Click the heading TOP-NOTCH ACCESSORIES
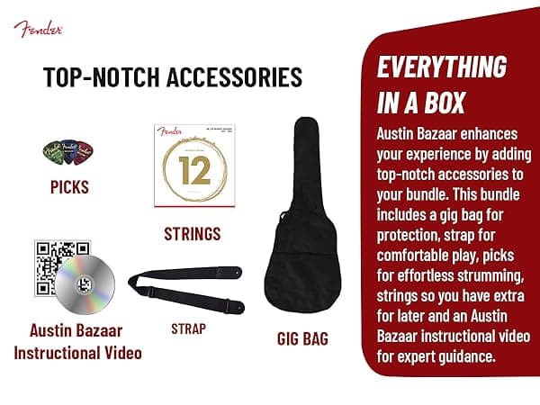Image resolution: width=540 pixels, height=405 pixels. (173, 77)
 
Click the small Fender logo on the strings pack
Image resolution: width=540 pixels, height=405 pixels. (169, 131)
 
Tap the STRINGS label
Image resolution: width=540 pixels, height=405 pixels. (193, 234)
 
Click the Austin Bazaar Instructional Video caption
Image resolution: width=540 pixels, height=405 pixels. (77, 342)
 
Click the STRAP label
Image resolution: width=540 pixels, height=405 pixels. (188, 328)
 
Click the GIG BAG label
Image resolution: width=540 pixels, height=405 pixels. (302, 339)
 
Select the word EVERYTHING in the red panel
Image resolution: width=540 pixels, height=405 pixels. (441, 68)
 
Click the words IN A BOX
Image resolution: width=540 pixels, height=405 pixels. (415, 102)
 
